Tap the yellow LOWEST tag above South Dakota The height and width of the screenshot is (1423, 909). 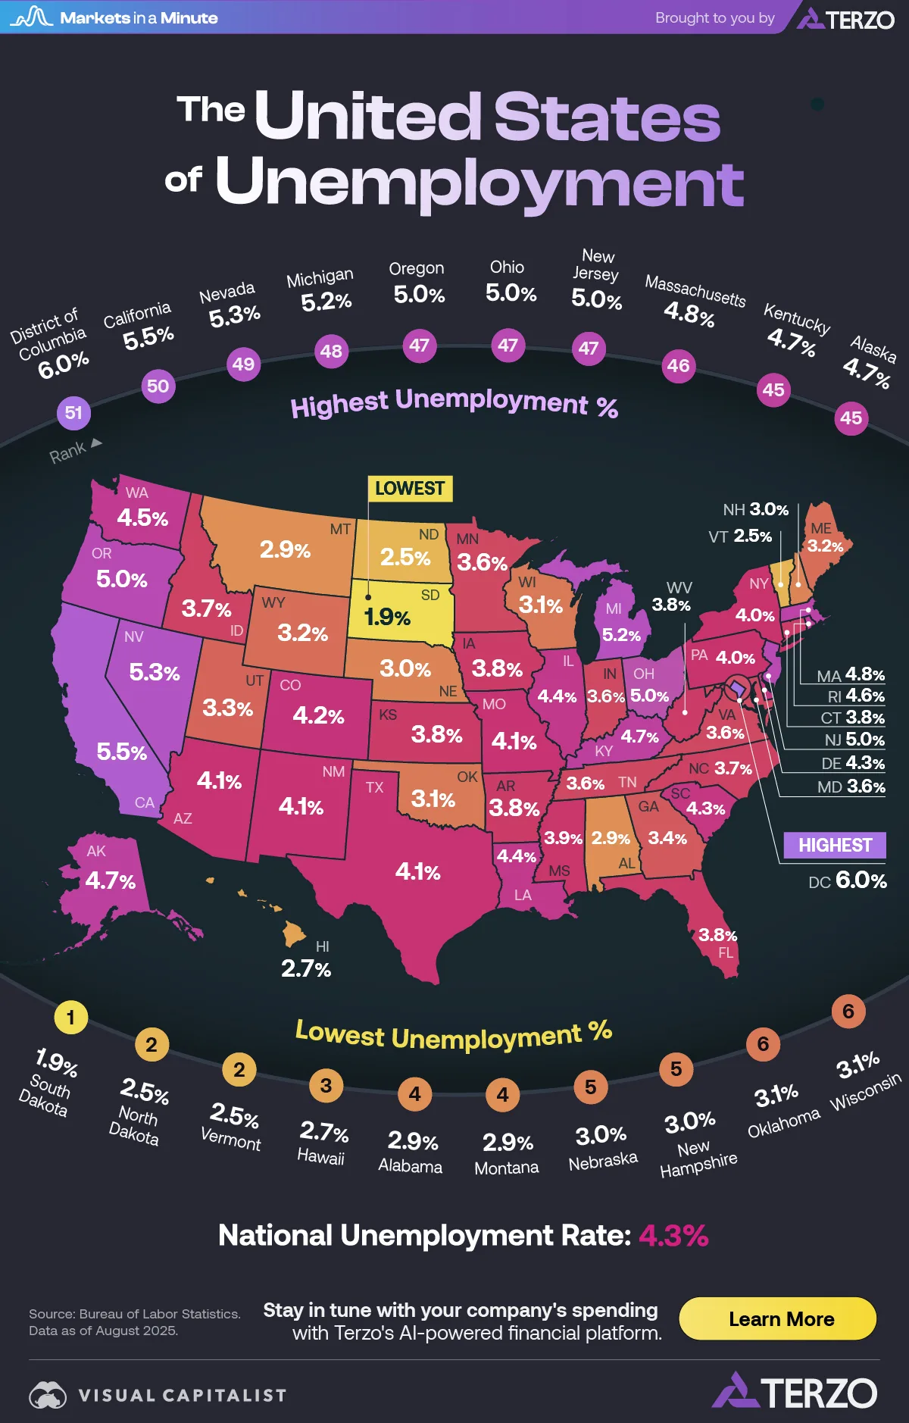click(410, 489)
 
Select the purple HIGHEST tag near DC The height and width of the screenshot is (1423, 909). click(834, 845)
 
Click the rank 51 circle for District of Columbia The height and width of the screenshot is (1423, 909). click(73, 413)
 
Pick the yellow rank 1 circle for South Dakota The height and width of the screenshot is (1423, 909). click(70, 1018)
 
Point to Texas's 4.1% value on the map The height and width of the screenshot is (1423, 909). click(417, 872)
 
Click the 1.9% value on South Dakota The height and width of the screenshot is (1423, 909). click(387, 618)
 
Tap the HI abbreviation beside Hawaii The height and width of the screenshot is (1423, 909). click(323, 946)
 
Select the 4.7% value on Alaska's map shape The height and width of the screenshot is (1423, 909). click(111, 880)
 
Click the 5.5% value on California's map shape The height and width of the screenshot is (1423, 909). click(122, 752)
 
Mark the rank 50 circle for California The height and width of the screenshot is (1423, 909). click(158, 386)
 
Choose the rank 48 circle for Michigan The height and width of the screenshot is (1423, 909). click(331, 352)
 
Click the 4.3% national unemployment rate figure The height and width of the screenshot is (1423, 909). click(673, 1236)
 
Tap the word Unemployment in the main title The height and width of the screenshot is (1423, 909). click(479, 183)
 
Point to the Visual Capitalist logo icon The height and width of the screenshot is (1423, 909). click(48, 1395)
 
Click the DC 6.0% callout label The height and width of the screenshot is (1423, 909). click(847, 880)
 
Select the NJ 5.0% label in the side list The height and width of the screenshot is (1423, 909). click(854, 740)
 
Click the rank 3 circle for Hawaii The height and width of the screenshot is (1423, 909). click(326, 1086)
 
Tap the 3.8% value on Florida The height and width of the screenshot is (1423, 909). click(717, 935)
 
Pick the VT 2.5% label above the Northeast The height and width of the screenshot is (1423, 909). click(740, 536)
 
